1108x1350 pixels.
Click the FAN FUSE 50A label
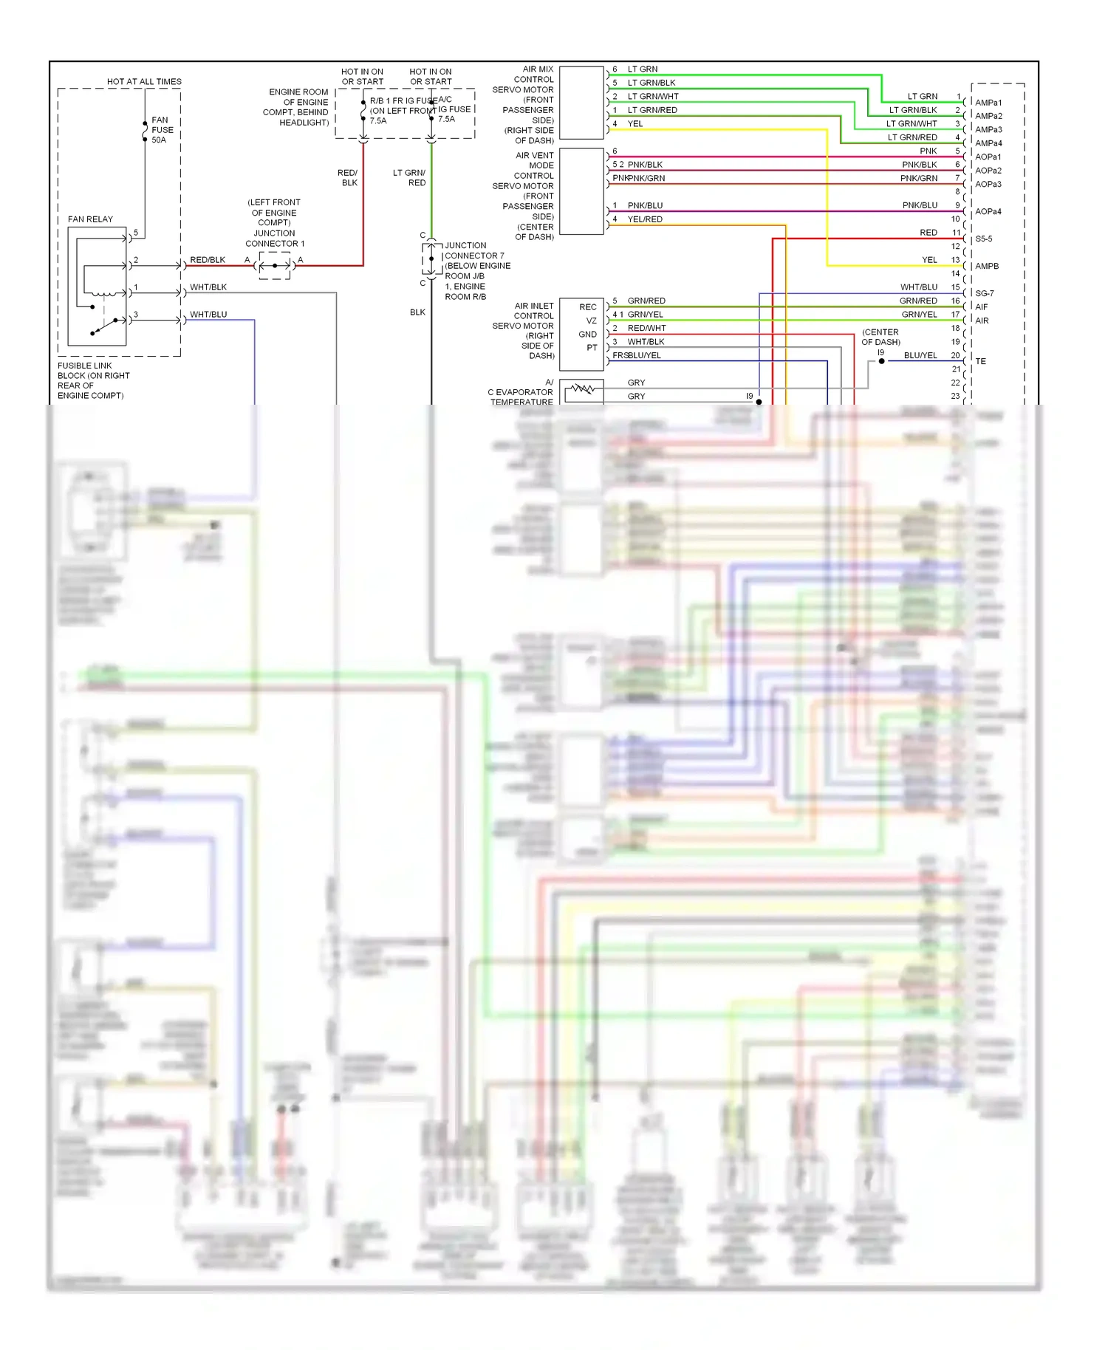[x=163, y=130]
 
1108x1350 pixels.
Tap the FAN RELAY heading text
[x=90, y=219]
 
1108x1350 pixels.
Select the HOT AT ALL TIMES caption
[x=144, y=82]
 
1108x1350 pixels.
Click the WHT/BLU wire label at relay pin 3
[x=208, y=315]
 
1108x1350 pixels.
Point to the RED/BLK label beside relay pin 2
[x=208, y=260]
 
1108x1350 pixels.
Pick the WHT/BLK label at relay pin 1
[x=208, y=287]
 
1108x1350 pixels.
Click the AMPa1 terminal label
[x=988, y=103]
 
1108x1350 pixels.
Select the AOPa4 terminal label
[x=988, y=212]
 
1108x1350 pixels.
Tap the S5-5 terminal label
[x=984, y=239]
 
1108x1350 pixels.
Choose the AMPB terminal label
[x=987, y=267]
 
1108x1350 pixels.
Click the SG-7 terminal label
[x=985, y=294]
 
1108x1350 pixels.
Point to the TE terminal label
[x=981, y=362]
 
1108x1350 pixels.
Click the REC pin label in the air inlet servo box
[x=588, y=307]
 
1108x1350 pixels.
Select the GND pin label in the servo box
[x=588, y=335]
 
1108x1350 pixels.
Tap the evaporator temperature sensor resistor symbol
[x=583, y=389]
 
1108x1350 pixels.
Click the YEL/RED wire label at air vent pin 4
[x=645, y=219]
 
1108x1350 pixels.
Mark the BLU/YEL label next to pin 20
[x=920, y=356]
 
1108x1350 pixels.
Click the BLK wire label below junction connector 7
[x=417, y=312]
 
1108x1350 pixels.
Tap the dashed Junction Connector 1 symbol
[x=275, y=265]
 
